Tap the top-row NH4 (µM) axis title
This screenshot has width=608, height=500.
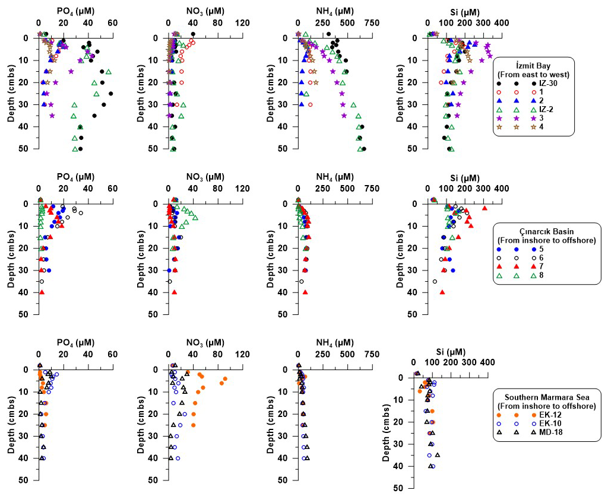334,11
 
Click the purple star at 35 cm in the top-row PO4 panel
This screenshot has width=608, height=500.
52,116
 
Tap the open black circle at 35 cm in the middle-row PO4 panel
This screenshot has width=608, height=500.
42,281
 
